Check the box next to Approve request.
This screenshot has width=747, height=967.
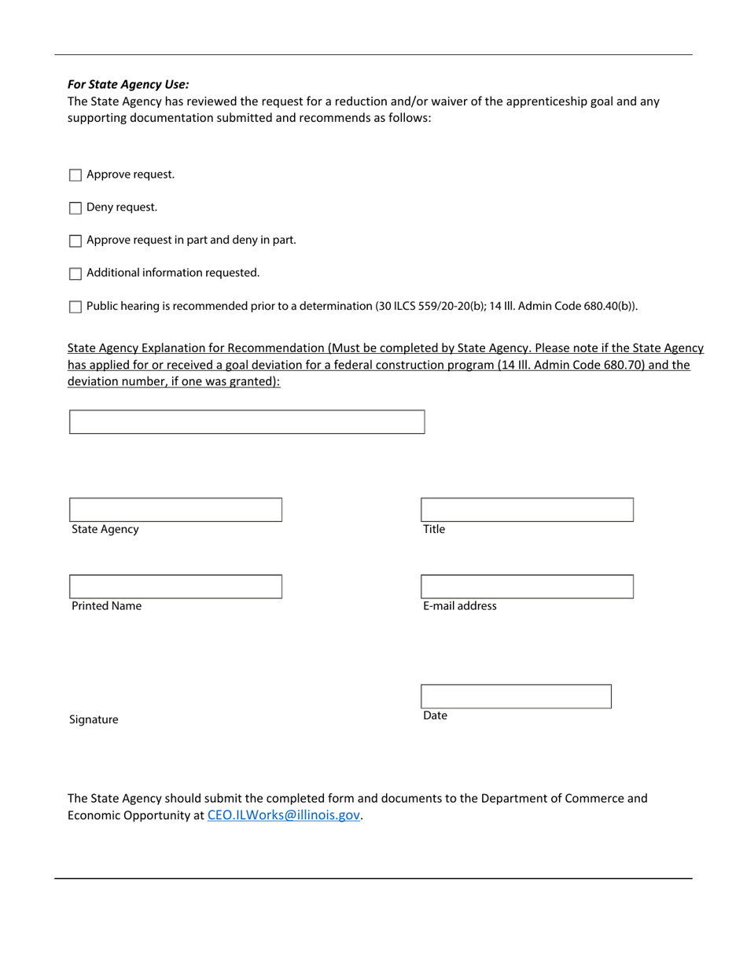[75, 175]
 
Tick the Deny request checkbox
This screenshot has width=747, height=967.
[75, 208]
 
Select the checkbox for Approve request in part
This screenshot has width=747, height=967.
[75, 241]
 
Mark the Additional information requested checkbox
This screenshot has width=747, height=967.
[75, 274]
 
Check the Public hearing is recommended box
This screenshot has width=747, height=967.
[75, 307]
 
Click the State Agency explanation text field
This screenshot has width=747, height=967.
[247, 422]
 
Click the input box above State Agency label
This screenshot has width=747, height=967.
[175, 509]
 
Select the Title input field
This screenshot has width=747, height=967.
[527, 509]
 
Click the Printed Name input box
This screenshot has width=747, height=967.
[175, 586]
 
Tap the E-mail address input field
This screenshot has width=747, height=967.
[527, 586]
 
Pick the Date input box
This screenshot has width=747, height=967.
[516, 697]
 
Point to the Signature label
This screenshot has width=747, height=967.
[94, 719]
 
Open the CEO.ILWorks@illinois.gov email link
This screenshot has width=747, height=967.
[283, 815]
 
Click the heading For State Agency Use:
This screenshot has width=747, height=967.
[128, 84]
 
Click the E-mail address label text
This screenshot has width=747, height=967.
[460, 606]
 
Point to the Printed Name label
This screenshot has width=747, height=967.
[107, 606]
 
